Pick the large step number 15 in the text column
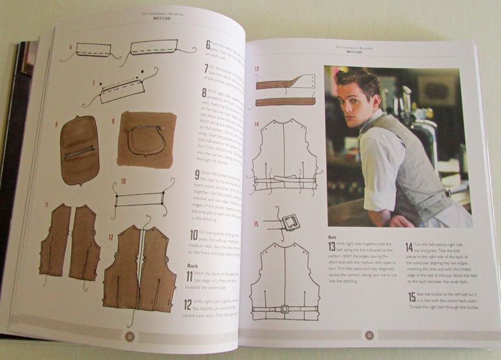(410, 297)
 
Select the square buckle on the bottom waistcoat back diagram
(284, 308)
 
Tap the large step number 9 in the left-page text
(198, 175)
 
